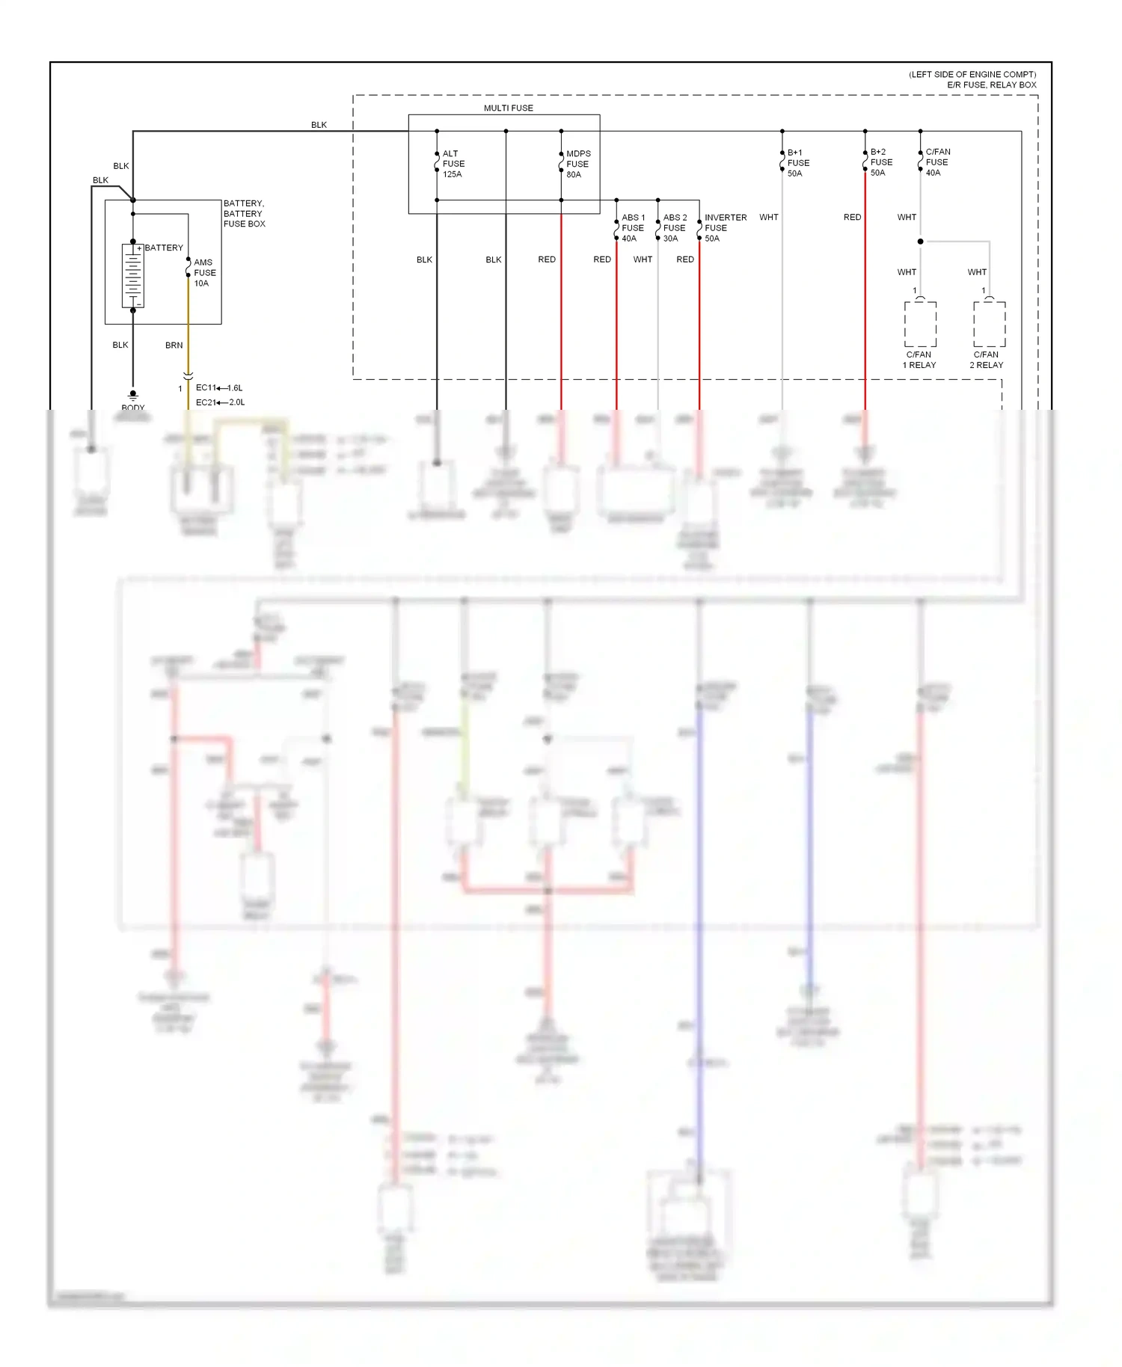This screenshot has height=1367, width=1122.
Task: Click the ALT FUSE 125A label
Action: click(453, 164)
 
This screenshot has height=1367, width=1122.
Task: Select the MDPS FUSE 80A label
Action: click(577, 164)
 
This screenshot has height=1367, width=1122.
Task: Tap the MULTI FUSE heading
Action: click(508, 108)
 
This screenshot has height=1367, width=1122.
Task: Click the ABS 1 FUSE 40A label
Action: click(632, 228)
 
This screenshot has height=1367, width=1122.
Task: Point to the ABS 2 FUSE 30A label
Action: click(674, 228)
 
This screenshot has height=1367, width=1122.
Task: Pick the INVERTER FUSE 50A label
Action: click(724, 228)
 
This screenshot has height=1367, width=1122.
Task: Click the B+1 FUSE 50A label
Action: click(797, 162)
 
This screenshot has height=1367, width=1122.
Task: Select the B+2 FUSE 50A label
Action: click(880, 162)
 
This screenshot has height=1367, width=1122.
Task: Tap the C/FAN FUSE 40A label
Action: click(937, 162)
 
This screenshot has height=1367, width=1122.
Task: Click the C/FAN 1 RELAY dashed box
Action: click(920, 324)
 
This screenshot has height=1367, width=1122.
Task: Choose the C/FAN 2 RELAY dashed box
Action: click(989, 324)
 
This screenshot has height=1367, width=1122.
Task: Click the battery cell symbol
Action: click(133, 275)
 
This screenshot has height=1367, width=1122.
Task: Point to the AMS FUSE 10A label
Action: click(203, 273)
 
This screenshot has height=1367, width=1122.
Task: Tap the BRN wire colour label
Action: click(174, 345)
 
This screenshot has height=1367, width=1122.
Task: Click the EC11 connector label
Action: click(206, 387)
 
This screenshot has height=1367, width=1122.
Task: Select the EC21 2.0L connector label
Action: click(220, 402)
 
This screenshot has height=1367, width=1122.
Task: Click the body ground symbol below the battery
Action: click(133, 394)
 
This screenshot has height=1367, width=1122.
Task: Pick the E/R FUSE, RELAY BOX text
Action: click(991, 85)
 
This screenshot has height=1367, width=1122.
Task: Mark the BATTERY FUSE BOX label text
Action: click(244, 213)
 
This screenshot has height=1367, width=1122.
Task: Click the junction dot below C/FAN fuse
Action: click(920, 242)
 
